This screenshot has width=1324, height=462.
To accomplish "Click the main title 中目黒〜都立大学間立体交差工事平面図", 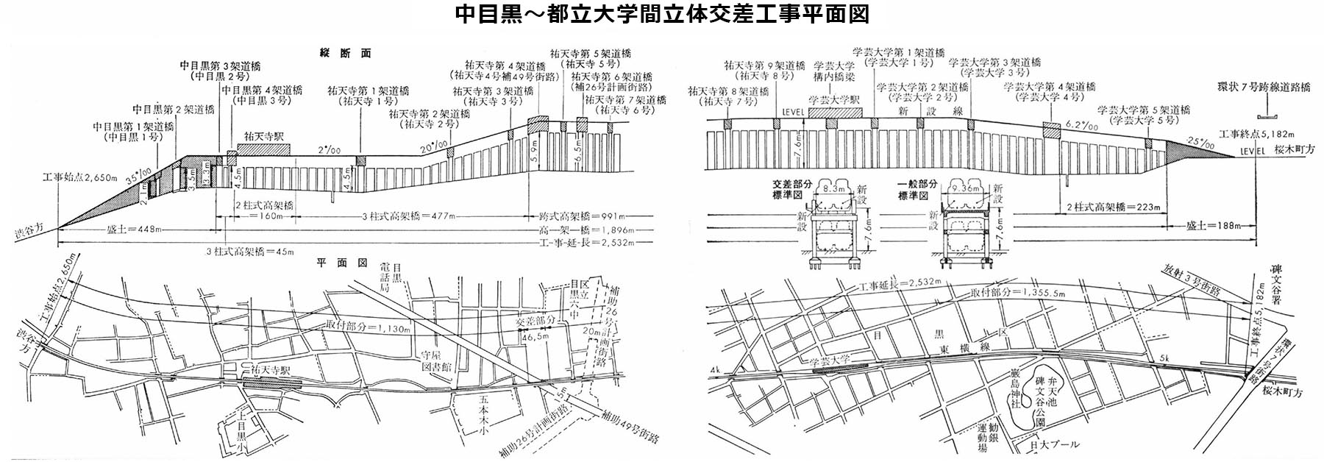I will point(662,15).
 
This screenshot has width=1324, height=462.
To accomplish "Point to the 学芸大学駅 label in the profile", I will point(834,100).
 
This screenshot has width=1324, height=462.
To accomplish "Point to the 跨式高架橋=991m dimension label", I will point(588,217).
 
